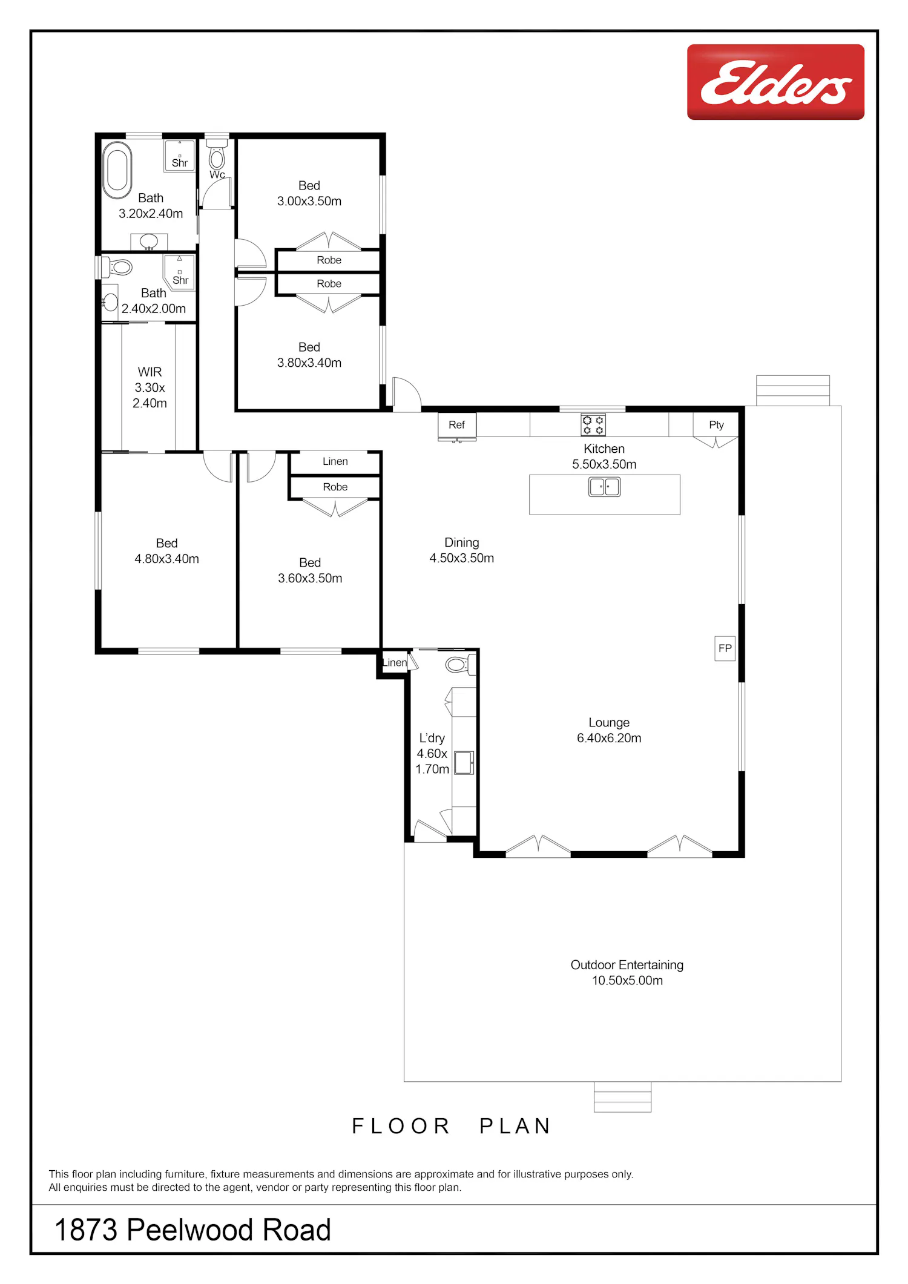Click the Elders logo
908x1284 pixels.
click(775, 82)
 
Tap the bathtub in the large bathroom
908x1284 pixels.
click(117, 171)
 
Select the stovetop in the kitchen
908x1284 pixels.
click(593, 424)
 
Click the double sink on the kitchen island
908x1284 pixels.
click(604, 487)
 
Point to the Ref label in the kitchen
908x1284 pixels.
click(456, 425)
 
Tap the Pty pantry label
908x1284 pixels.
click(716, 425)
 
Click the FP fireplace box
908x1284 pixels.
click(725, 648)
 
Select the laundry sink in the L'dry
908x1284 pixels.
click(464, 763)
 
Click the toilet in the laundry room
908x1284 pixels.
click(461, 665)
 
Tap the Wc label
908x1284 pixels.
click(217, 174)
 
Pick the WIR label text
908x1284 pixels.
click(150, 372)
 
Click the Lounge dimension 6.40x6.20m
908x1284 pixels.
click(609, 738)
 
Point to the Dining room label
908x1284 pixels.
click(462, 542)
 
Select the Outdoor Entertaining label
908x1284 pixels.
click(627, 965)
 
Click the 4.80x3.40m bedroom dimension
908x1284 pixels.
click(166, 559)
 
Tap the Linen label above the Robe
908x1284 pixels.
click(335, 461)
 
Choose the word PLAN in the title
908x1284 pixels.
click(515, 1126)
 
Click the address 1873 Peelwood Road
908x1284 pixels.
click(192, 1230)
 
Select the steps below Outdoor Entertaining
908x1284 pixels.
click(622, 1097)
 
